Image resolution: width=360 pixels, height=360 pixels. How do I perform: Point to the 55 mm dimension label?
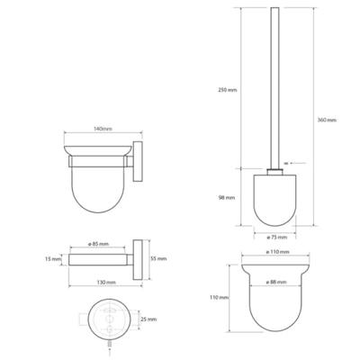[160, 258]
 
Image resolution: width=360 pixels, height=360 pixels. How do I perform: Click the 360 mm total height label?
[326, 120]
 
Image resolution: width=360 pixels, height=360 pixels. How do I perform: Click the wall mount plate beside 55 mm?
[137, 258]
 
